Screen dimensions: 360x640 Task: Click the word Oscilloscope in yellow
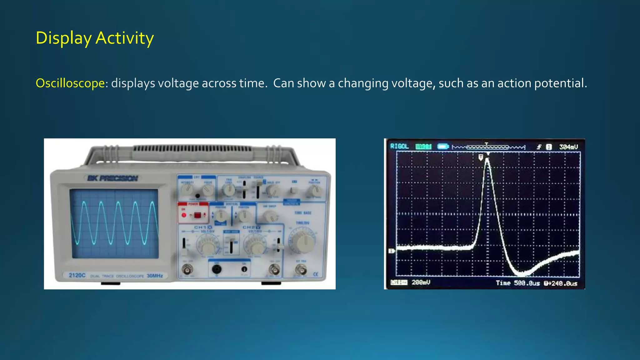click(x=70, y=83)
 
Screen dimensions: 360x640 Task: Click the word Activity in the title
click(x=124, y=38)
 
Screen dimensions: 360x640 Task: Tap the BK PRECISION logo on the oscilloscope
click(x=112, y=178)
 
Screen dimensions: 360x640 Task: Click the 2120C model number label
click(x=77, y=275)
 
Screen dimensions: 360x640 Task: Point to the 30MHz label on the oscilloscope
click(x=155, y=276)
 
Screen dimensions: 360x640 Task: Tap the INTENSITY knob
click(x=187, y=188)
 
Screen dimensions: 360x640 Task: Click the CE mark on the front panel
click(x=316, y=274)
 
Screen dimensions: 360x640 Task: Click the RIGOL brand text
click(x=399, y=146)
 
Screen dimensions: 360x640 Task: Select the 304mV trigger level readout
click(x=568, y=147)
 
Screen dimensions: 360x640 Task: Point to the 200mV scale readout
click(x=421, y=282)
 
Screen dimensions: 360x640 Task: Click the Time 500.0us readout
click(x=517, y=283)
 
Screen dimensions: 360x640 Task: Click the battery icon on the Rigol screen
click(x=443, y=146)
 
